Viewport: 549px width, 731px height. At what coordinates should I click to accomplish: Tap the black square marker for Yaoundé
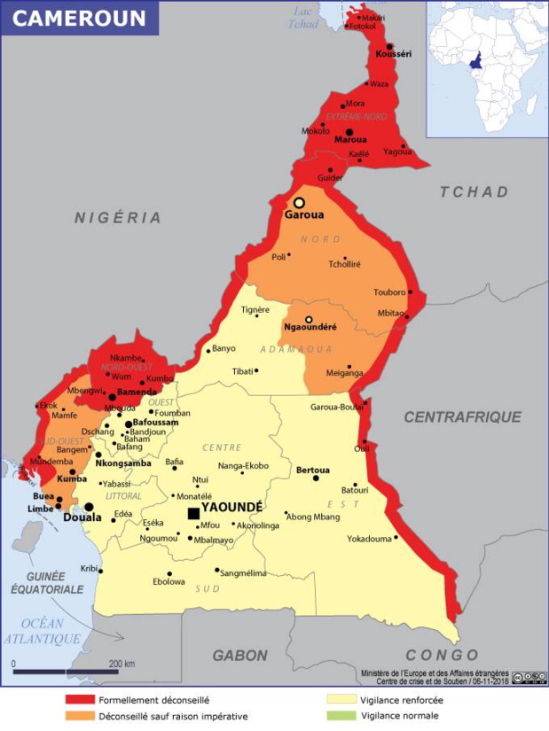coord(193,513)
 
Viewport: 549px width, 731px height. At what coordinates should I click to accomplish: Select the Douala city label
coord(82,517)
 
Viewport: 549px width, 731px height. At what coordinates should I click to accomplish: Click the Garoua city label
coord(303,214)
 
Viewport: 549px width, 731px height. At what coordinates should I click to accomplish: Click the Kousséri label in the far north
coord(394,54)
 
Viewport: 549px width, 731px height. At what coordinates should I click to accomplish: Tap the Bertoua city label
coord(313,470)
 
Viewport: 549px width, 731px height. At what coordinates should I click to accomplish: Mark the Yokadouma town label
coord(369,538)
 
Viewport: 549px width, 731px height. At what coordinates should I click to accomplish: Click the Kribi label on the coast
coord(90,568)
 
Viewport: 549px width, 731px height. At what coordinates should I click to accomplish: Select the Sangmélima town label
coord(242,573)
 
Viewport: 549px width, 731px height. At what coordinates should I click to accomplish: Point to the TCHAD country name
coord(474,191)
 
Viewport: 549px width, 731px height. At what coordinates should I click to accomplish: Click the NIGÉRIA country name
coord(118,217)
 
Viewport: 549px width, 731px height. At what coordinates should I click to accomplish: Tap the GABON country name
coord(239,656)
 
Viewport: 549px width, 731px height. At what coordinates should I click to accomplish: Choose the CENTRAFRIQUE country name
coord(463,416)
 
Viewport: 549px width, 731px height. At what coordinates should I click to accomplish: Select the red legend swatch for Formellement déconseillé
coord(80,700)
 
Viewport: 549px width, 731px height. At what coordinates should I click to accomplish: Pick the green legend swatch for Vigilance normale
coord(341,716)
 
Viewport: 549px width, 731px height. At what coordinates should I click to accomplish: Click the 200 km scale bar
coord(66,672)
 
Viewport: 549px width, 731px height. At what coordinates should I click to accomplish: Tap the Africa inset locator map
coord(487,68)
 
